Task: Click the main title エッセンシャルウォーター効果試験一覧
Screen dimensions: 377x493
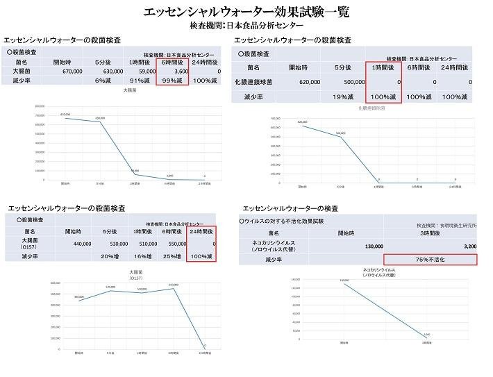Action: click(x=246, y=12)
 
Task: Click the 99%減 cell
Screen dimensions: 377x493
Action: click(x=173, y=81)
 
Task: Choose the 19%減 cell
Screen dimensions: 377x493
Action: click(x=343, y=97)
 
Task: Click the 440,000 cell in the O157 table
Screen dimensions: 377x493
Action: click(x=78, y=244)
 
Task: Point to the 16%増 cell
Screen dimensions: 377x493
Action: click(x=147, y=257)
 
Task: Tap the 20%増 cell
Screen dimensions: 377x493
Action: click(x=112, y=257)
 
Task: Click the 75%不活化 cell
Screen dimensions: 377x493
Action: click(x=430, y=260)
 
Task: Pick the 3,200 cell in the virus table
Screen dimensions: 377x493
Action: click(x=465, y=246)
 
